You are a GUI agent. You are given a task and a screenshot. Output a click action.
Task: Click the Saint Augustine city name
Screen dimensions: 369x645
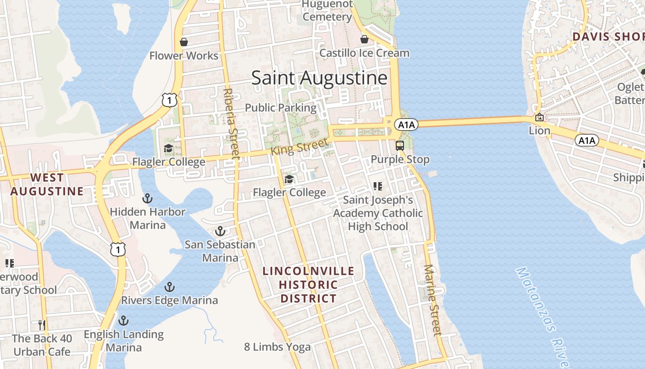pos(319,78)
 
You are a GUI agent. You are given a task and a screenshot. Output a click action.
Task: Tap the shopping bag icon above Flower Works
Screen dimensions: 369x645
pos(184,42)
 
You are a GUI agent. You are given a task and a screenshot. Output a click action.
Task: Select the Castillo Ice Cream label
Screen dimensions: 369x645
pos(364,53)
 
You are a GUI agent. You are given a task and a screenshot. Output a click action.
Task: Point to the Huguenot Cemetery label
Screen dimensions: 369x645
pos(328,11)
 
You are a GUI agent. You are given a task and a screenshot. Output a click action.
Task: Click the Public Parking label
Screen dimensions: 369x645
pos(281,108)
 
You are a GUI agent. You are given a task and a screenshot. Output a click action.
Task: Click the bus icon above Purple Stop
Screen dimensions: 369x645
pos(399,146)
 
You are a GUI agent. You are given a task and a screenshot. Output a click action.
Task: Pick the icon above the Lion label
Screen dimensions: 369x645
pos(539,118)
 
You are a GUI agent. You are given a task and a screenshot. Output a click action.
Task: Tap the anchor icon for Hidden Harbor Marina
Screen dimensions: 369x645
pos(147,199)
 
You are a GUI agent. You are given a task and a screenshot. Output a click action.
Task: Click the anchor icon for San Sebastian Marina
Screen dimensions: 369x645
pos(220,231)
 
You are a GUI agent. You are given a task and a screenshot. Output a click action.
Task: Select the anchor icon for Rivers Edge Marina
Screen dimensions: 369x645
pos(170,287)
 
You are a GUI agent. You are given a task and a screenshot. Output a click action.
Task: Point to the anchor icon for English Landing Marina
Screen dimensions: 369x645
pos(123,321)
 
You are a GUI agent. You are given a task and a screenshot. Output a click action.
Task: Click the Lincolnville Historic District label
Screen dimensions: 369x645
pos(309,285)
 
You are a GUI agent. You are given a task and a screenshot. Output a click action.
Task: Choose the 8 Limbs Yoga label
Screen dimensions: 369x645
pos(277,347)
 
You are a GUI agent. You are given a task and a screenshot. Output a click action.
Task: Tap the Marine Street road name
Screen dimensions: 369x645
pos(433,300)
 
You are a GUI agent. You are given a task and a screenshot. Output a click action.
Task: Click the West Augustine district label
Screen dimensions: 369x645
pos(47,184)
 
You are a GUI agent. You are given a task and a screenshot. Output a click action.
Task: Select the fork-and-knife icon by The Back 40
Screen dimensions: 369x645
pos(42,325)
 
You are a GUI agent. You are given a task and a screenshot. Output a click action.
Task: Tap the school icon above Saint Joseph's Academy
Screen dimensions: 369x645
pos(378,186)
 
